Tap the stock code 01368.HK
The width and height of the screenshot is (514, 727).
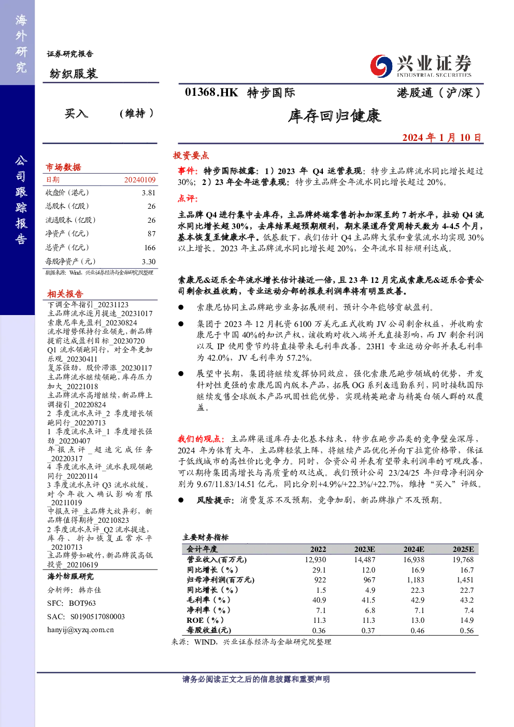[x=211, y=93]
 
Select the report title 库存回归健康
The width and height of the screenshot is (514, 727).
[x=334, y=116]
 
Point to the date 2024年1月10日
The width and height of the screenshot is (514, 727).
[x=441, y=138]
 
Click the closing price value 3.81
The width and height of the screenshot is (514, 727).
[x=149, y=193]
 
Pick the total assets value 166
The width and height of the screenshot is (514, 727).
[x=150, y=248]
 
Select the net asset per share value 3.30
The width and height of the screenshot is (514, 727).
[x=149, y=262]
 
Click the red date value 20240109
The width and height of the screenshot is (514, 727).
[x=140, y=180]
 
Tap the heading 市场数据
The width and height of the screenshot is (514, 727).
[x=63, y=167]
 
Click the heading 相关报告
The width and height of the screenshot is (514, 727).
[x=65, y=294]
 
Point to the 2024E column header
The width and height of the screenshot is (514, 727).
[x=413, y=549]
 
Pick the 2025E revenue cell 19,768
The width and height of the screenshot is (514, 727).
[x=463, y=560]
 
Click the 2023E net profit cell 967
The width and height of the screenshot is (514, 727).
[x=369, y=580]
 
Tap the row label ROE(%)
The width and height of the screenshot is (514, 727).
[x=205, y=620]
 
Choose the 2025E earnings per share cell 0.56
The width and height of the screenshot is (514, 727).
[x=467, y=631]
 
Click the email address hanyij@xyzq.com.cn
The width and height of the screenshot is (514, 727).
[x=80, y=630]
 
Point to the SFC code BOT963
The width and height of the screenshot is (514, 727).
[x=82, y=603]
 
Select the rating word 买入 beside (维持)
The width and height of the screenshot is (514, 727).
[x=77, y=113]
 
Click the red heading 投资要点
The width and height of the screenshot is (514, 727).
[x=191, y=155]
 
